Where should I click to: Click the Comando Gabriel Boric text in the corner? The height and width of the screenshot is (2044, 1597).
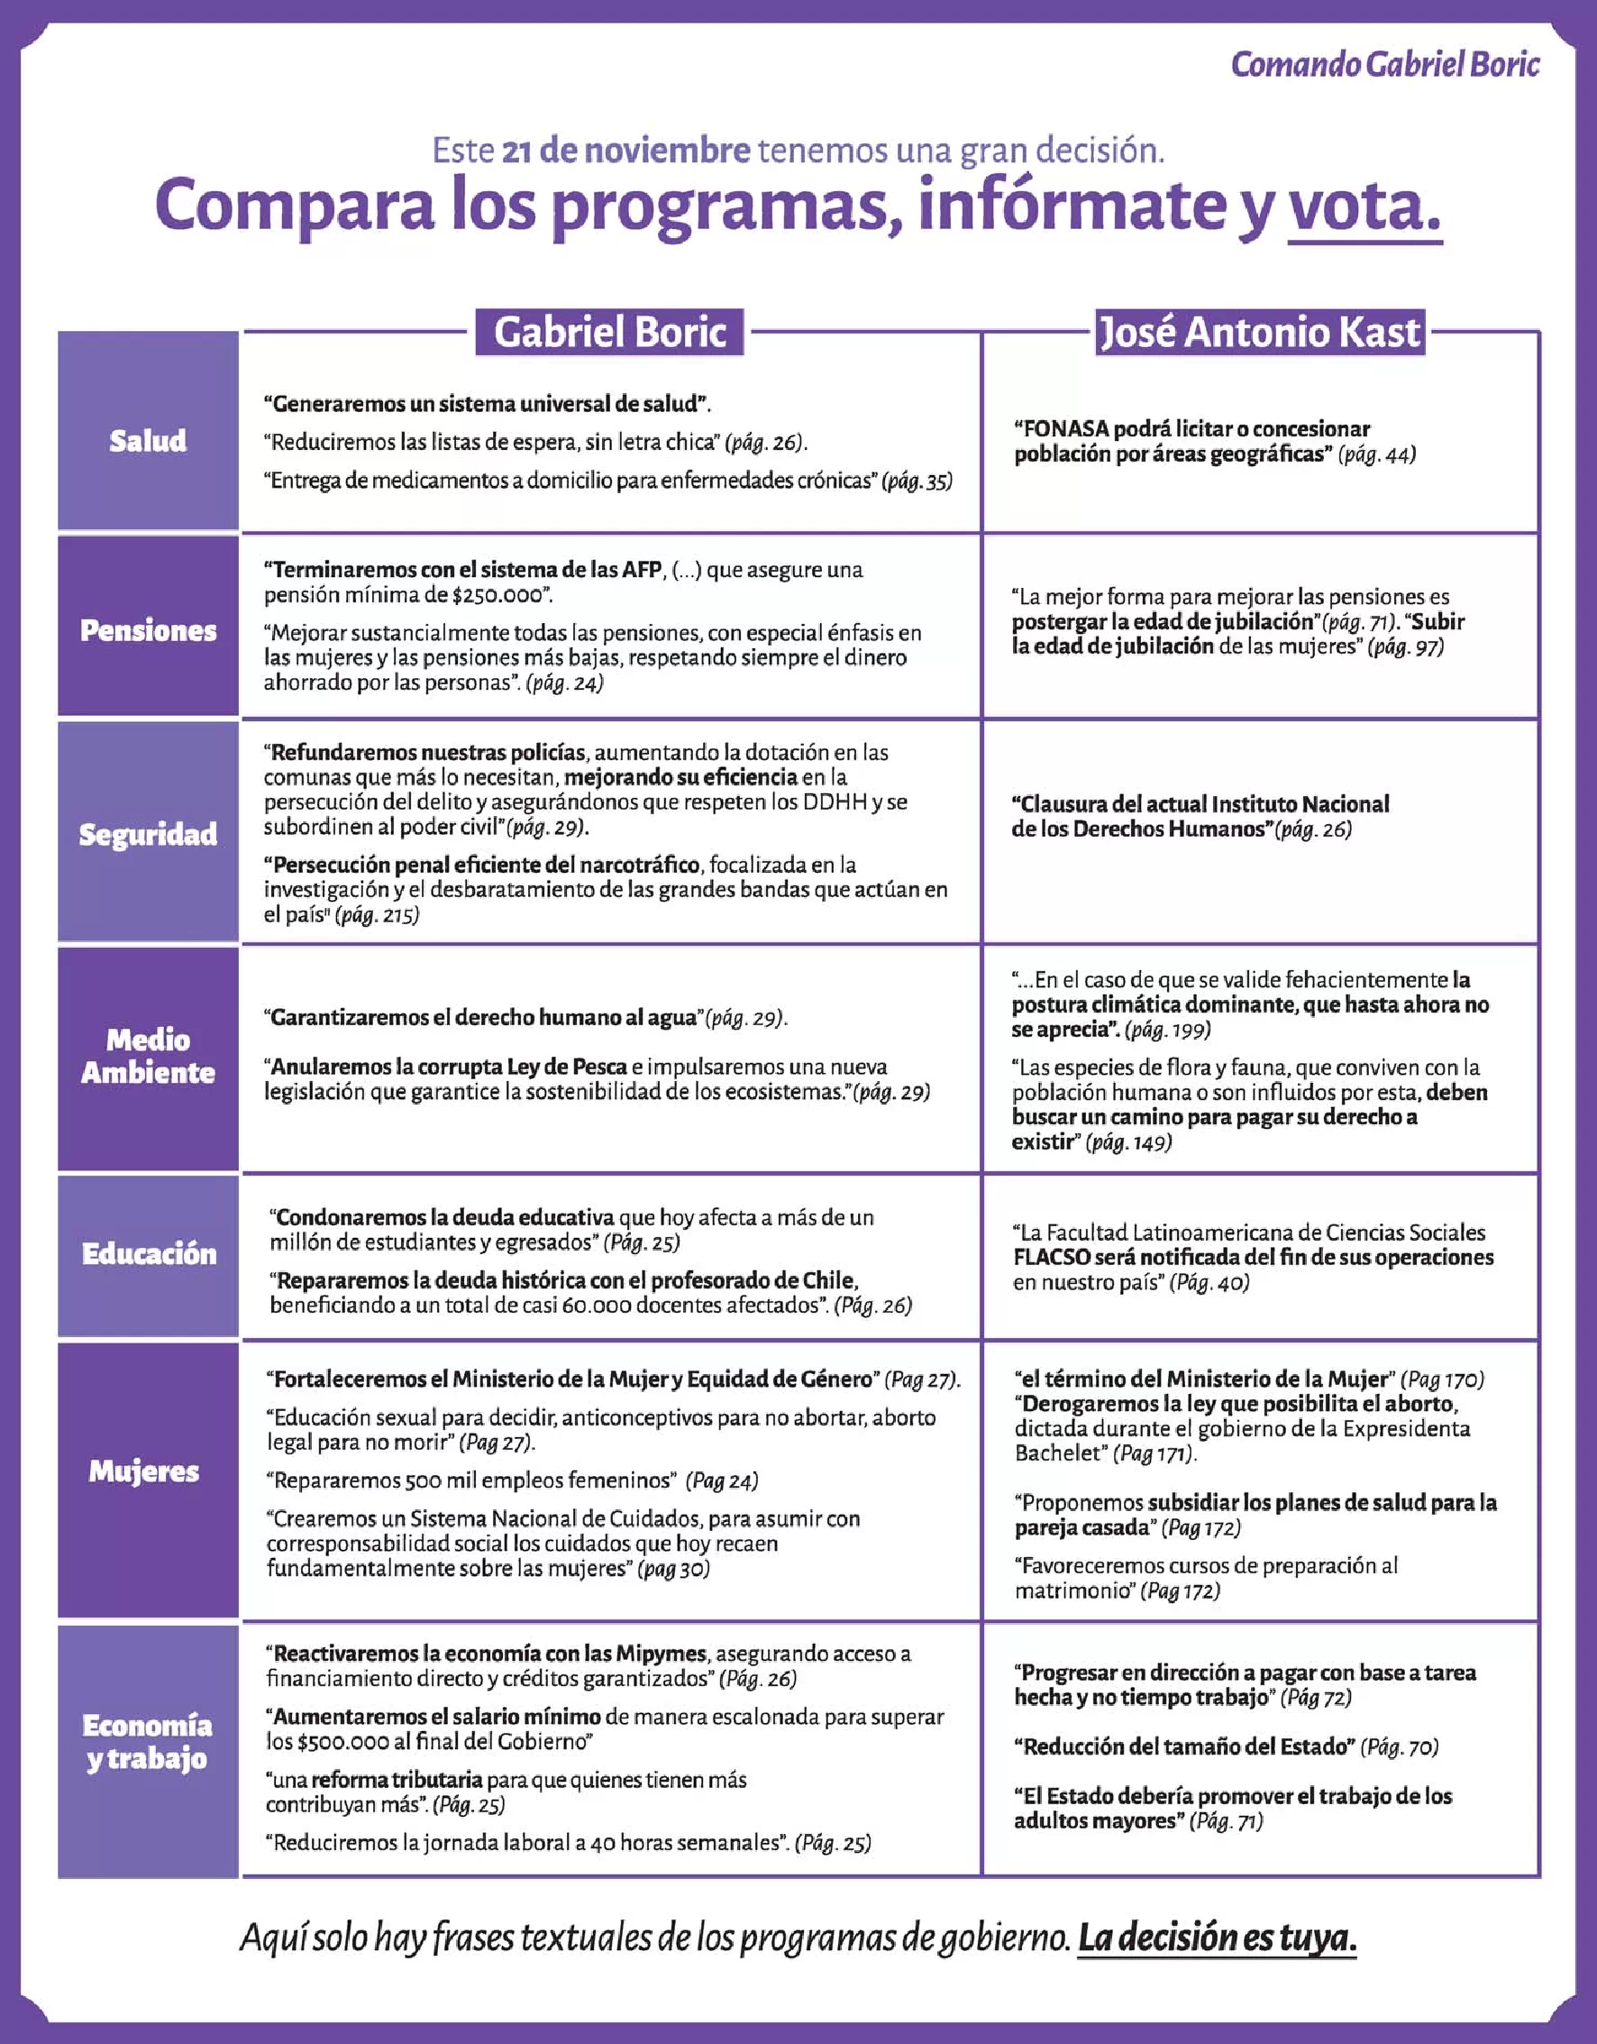click(1384, 65)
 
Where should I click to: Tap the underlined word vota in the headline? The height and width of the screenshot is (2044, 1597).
click(1364, 206)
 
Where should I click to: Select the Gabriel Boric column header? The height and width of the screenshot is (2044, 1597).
click(609, 332)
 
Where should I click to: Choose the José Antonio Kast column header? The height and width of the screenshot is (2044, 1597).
click(1259, 332)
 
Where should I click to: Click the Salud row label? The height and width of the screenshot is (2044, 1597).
click(148, 441)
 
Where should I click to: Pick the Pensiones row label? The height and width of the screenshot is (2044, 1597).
click(148, 630)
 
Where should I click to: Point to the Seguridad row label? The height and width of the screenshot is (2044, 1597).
click(148, 834)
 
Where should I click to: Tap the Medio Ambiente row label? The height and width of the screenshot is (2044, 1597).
click(148, 1056)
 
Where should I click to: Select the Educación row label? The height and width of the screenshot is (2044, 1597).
click(148, 1254)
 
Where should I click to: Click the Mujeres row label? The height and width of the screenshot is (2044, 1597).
click(144, 1471)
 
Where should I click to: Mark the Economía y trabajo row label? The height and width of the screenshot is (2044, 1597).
click(148, 1742)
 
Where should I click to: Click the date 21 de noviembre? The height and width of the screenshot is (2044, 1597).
click(625, 151)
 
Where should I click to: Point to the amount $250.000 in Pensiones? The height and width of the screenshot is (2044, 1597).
click(497, 595)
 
